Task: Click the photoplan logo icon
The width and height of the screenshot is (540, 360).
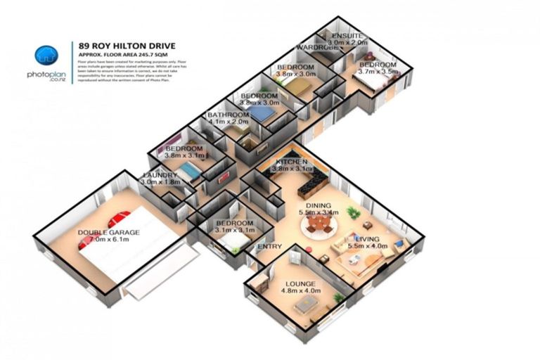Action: (47, 54)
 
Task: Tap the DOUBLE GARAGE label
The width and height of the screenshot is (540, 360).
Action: (108, 233)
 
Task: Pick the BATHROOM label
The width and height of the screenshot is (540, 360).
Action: (228, 115)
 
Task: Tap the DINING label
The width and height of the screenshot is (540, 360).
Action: (318, 205)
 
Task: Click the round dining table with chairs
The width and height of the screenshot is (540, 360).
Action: (320, 224)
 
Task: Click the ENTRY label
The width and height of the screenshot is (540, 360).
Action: (269, 247)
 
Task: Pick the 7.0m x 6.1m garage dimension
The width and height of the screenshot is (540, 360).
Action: (108, 240)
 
